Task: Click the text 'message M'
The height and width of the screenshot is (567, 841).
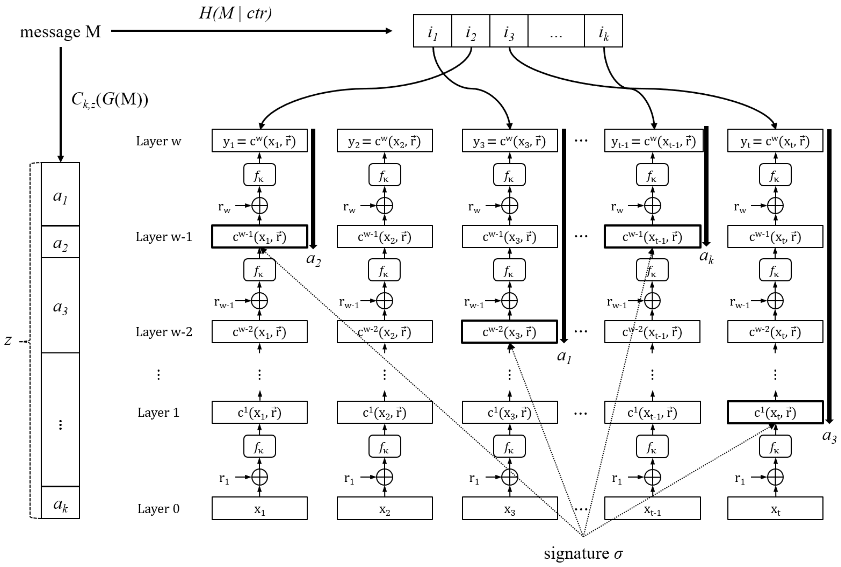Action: pyautogui.click(x=60, y=32)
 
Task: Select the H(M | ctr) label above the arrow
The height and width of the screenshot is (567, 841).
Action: pyautogui.click(x=235, y=13)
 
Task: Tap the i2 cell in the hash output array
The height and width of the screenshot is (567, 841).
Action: pyautogui.click(x=470, y=32)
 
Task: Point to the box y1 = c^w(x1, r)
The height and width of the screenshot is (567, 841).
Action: pyautogui.click(x=259, y=141)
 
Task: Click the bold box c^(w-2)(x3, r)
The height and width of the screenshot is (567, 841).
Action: pyautogui.click(x=509, y=332)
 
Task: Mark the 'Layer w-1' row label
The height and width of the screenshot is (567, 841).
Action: pyautogui.click(x=164, y=237)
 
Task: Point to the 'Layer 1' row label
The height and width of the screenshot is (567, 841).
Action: pyautogui.click(x=158, y=413)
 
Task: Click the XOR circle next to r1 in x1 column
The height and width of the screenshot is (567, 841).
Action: pyautogui.click(x=259, y=477)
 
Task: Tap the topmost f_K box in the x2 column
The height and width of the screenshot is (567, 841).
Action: pyautogui.click(x=384, y=175)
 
